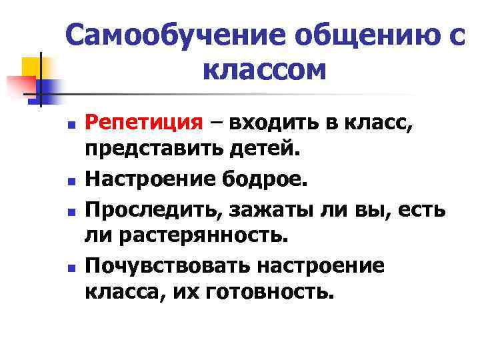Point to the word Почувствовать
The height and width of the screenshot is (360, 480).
click(x=167, y=265)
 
